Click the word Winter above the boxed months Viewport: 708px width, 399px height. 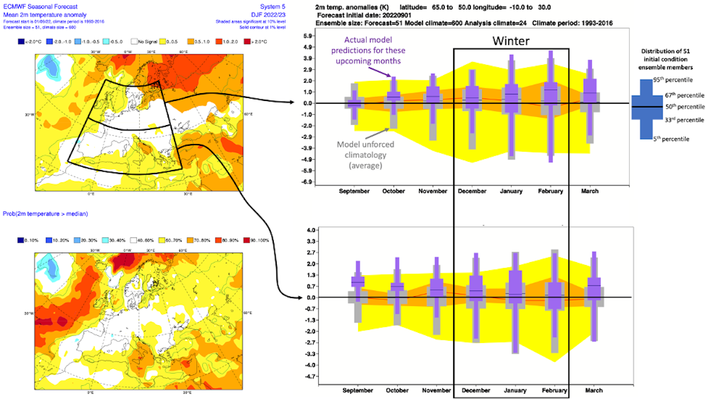pyautogui.click(x=512, y=41)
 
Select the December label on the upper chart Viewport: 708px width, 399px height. pyautogui.click(x=472, y=191)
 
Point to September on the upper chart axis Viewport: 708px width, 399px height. pyautogui.click(x=354, y=191)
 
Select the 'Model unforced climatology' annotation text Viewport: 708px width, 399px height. pyautogui.click(x=366, y=155)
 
